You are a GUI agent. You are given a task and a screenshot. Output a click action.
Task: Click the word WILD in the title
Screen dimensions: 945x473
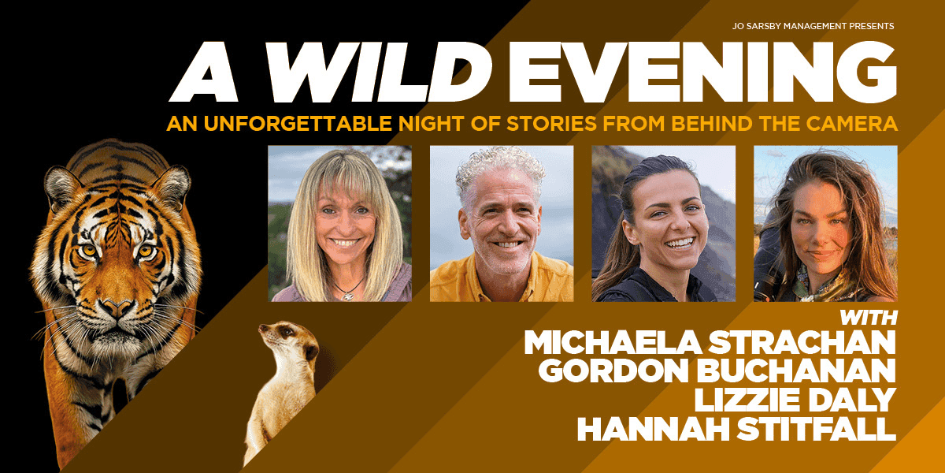380,73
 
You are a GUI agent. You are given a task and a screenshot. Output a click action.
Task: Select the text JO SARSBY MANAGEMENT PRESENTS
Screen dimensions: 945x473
813,26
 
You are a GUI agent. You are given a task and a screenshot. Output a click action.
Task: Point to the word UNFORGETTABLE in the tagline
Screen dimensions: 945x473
298,124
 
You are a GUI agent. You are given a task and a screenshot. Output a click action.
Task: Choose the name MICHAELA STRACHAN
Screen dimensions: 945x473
710,342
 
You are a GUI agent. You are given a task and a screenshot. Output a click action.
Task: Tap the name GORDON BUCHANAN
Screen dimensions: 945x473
717,371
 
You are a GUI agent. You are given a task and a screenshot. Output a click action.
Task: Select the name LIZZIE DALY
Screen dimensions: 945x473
795,400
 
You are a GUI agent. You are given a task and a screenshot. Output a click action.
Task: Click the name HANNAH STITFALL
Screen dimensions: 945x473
736,428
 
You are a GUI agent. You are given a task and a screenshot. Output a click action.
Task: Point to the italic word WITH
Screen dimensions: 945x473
869,318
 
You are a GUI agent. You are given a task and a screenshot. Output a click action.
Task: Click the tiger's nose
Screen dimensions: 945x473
117,309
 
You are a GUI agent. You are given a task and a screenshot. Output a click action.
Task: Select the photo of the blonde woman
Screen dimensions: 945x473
339,223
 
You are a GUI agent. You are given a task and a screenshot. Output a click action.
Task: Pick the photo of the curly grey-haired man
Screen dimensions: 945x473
502,223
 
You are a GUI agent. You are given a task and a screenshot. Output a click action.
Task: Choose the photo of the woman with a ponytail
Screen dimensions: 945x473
664,223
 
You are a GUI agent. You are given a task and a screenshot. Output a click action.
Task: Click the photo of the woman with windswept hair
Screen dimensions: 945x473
825,223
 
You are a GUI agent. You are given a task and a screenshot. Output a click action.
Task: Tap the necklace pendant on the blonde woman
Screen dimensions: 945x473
347,296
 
